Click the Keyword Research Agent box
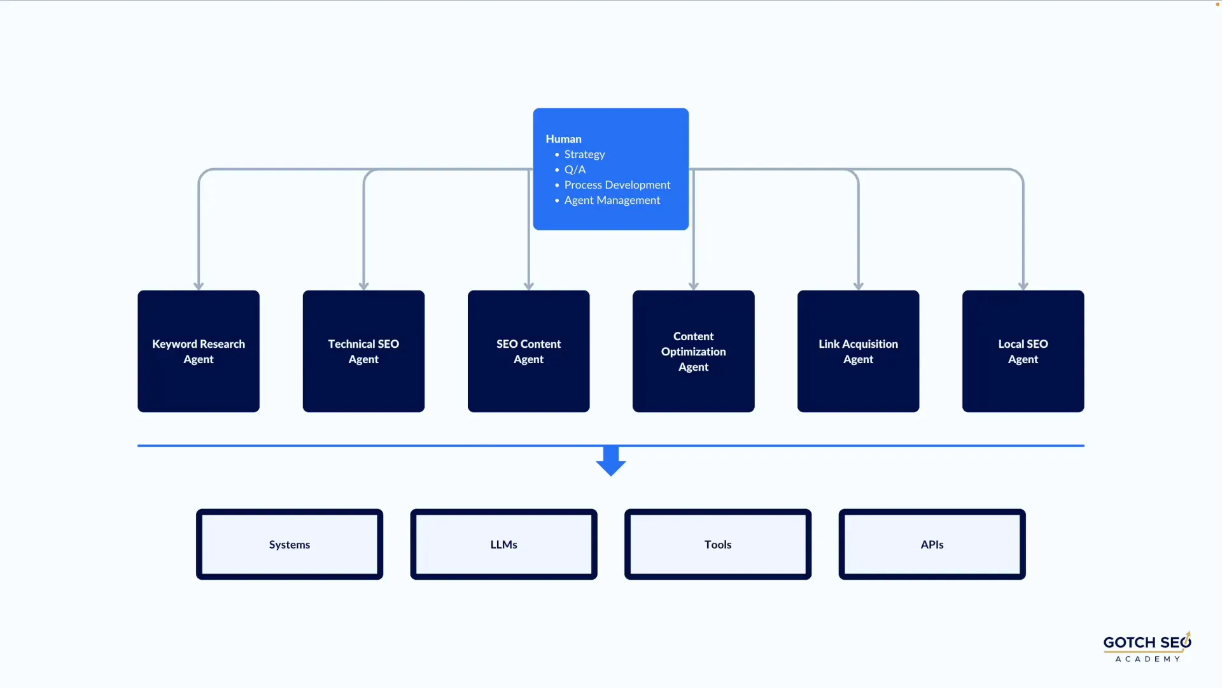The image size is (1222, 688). pos(199,351)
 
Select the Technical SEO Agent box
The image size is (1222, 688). pos(363,351)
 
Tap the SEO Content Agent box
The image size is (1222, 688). pos(528,351)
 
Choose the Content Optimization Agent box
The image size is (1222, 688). pos(693,351)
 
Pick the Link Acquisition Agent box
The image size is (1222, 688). pos(858,351)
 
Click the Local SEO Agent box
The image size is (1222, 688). pos(1023,351)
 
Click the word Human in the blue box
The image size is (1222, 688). pos(563,139)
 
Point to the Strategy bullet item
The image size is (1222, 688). pos(584,154)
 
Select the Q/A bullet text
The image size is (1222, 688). pos(575,169)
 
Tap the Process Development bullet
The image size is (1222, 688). pos(617,185)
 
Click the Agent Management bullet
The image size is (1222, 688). pos(612,200)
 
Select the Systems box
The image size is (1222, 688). pos(290,544)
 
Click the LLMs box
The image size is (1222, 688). pos(503,544)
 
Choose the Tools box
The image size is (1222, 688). pos(718,544)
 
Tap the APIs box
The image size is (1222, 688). pos(932,544)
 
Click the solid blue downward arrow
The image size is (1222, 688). pos(611,462)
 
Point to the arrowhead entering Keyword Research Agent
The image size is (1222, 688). pos(199,285)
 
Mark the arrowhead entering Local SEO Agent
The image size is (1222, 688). pos(1023,285)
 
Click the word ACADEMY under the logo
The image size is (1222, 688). pos(1148,659)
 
